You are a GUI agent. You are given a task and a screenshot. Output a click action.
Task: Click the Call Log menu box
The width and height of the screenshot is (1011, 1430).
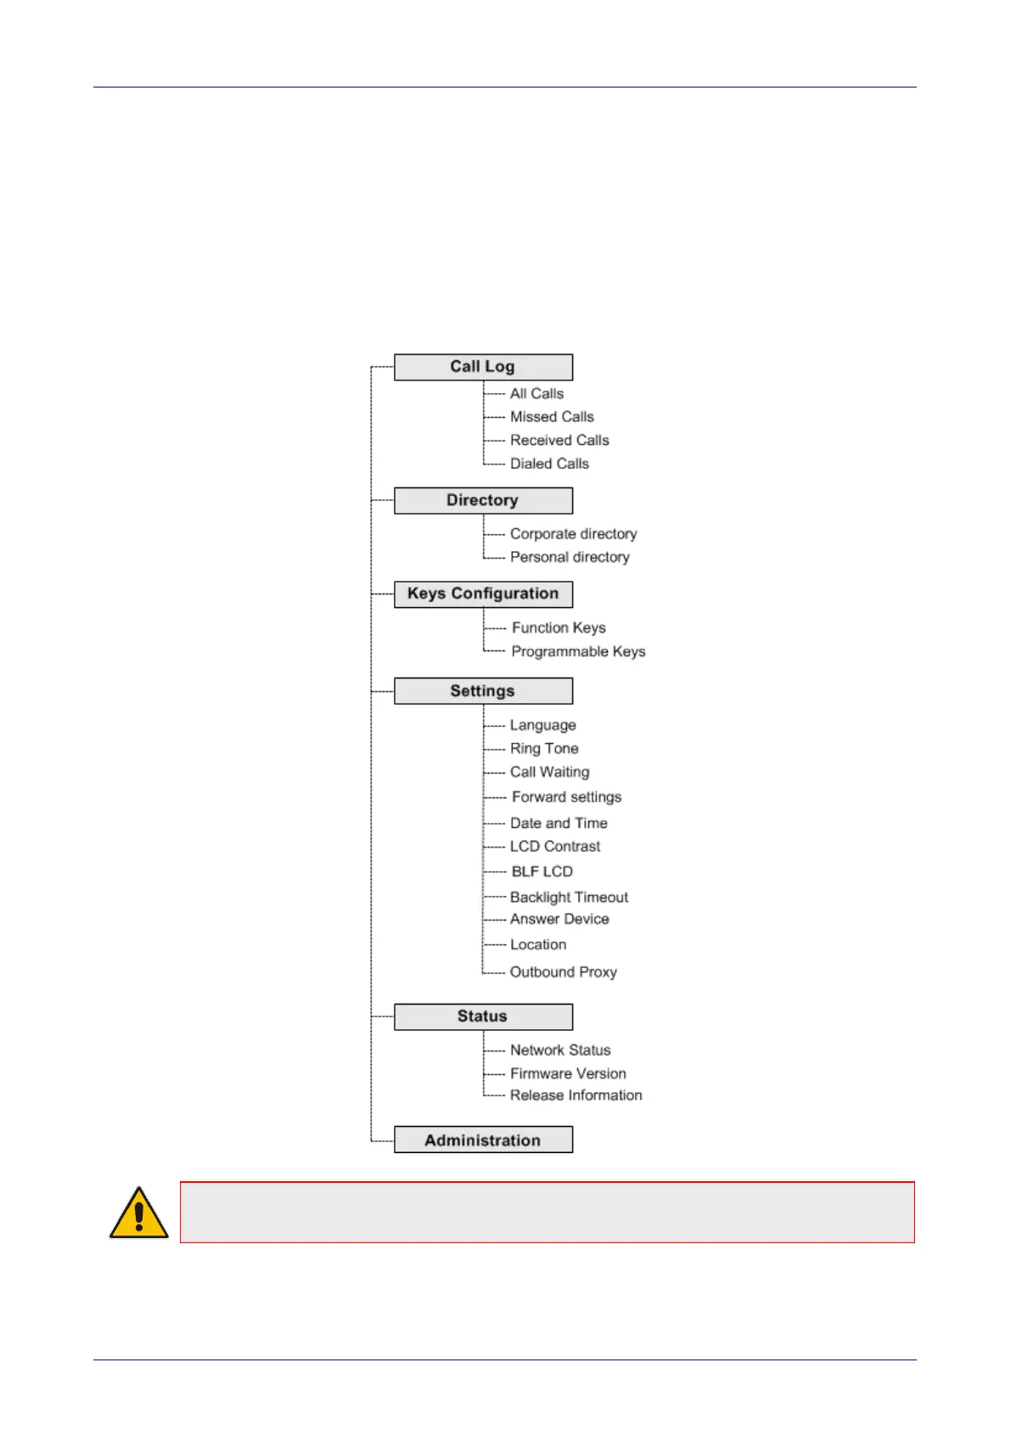483,367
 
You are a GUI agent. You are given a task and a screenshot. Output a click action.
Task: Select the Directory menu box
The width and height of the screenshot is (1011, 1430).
483,500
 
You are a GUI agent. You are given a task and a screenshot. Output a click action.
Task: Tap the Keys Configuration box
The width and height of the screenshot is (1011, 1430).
483,594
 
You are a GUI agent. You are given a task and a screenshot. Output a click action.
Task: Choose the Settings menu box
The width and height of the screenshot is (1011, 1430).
483,690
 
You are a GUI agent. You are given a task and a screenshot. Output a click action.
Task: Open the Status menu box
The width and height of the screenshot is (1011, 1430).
483,1016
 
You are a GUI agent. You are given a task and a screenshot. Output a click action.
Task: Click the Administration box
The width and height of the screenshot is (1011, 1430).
483,1140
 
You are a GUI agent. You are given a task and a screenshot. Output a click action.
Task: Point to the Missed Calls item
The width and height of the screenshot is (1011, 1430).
552,417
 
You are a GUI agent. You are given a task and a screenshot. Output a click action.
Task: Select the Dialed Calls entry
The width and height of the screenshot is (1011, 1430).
549,464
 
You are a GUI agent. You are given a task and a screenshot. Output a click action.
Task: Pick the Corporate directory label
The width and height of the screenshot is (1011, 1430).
573,534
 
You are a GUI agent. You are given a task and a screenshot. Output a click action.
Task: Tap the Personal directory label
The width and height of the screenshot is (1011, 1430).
570,557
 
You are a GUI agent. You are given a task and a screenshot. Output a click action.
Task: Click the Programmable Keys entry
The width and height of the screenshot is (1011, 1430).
578,651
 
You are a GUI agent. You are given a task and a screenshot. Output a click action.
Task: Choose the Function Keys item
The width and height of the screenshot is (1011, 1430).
559,628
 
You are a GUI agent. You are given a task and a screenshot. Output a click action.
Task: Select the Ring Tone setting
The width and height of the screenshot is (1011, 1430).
544,749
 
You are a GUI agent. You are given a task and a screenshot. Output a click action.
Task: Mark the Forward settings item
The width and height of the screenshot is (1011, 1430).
566,797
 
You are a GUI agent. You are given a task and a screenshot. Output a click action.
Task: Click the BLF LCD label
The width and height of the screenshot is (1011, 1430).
542,872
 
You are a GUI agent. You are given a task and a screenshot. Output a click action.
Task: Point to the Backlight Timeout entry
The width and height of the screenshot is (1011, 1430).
569,898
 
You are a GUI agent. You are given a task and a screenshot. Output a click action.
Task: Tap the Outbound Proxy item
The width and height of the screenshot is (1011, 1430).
563,972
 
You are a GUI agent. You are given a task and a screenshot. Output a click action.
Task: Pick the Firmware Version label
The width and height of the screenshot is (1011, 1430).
568,1074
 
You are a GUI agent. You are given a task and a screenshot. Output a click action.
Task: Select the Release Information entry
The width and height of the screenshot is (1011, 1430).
576,1095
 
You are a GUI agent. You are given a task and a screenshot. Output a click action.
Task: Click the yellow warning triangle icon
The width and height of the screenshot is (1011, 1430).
138,1213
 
